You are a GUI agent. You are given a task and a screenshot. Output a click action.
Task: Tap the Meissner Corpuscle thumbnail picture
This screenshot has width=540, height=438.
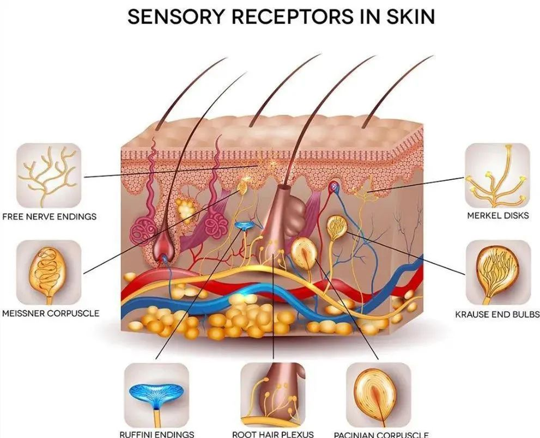click(48, 273)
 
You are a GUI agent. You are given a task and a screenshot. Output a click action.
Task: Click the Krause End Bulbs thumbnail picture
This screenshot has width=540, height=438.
click(497, 273)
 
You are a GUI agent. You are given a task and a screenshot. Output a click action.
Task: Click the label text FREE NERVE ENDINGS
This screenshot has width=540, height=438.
click(49, 216)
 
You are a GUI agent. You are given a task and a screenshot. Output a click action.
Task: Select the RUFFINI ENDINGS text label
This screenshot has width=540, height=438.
click(156, 434)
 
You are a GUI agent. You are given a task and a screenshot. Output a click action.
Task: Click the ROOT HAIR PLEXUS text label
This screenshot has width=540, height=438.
click(273, 434)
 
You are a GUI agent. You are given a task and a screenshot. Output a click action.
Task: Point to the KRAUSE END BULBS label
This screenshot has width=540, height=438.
click(497, 314)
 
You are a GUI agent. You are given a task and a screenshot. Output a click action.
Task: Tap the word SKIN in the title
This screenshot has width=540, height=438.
click(411, 16)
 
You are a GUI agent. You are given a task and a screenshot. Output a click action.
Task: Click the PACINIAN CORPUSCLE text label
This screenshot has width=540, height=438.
click(381, 435)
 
